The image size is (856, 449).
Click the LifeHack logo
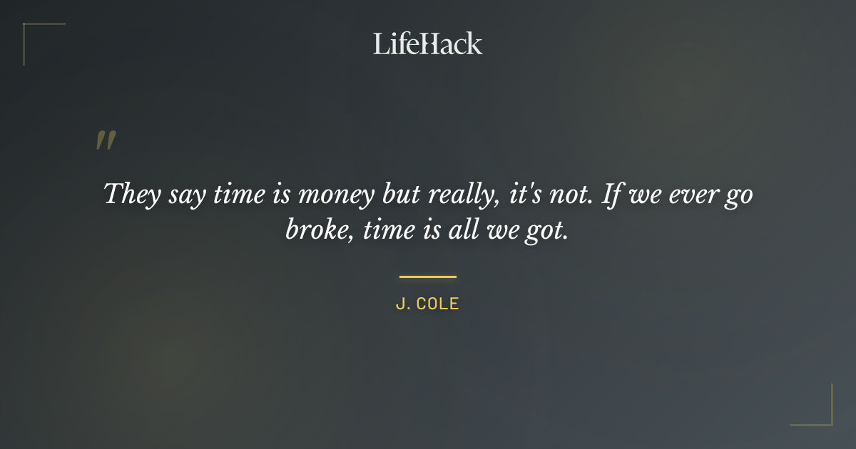[x=427, y=43]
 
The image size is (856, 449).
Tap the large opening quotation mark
[x=106, y=140]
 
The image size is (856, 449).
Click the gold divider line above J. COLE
[x=427, y=277]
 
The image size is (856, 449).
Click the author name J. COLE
[x=427, y=304]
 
